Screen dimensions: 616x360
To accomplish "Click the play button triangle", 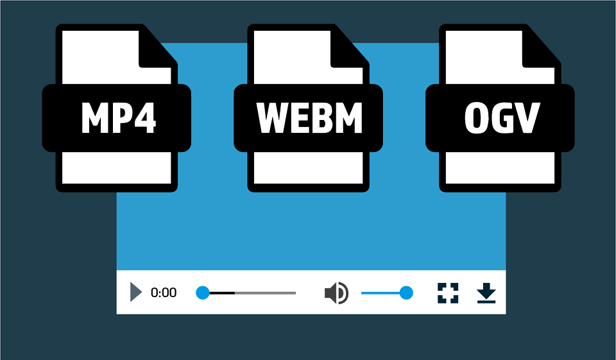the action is [135, 292].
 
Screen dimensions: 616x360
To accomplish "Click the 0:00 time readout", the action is [164, 293].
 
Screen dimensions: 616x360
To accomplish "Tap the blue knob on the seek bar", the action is [203, 293].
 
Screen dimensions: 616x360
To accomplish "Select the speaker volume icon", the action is [336, 293].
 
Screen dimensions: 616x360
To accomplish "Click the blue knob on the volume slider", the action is [406, 293].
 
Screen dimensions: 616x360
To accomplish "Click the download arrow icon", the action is [486, 293].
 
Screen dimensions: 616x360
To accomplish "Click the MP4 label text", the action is [119, 117].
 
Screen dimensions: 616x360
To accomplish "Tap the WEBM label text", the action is [309, 118].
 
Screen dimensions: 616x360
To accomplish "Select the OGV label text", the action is [502, 118].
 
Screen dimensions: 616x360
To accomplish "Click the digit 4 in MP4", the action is [145, 118].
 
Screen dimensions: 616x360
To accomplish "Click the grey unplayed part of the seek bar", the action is [265, 293].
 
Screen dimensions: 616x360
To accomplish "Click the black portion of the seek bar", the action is [222, 293].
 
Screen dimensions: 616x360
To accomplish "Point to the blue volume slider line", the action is [381, 293].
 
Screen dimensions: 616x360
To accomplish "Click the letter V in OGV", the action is [527, 118].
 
